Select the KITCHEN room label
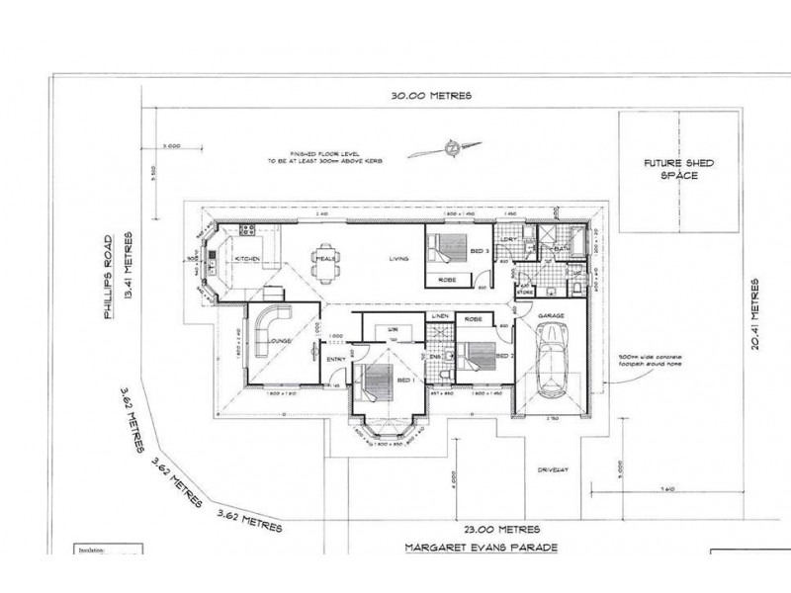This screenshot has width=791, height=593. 247,259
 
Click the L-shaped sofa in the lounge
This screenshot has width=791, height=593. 269,325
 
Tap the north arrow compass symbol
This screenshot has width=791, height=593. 450,150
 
